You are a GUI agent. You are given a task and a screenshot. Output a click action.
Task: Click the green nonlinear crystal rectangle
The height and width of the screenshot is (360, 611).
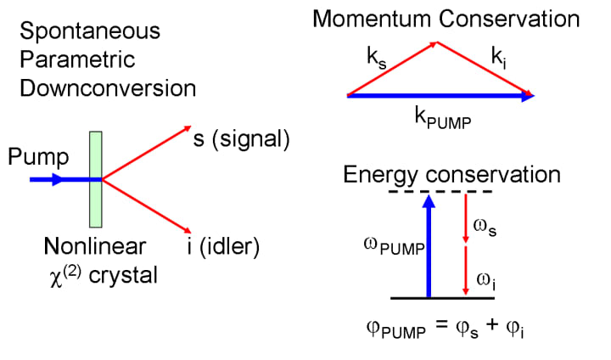pyautogui.click(x=95, y=179)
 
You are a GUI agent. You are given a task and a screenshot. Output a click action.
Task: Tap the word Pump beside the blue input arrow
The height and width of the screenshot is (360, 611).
pyautogui.click(x=38, y=157)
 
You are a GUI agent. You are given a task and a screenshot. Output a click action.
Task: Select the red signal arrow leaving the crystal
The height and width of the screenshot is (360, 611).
pyautogui.click(x=147, y=153)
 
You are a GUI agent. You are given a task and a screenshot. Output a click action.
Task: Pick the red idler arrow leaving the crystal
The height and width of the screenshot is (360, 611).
pyautogui.click(x=147, y=206)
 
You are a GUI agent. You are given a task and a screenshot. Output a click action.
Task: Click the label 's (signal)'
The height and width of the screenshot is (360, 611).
pyautogui.click(x=242, y=139)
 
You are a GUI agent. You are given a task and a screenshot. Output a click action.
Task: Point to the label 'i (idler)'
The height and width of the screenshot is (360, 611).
pyautogui.click(x=223, y=247)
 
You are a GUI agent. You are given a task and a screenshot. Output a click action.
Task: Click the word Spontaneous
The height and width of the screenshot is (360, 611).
pyautogui.click(x=90, y=31)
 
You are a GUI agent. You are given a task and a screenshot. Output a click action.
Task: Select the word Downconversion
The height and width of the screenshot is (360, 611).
pyautogui.click(x=108, y=88)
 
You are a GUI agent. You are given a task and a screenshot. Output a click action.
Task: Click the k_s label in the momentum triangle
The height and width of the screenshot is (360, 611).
pyautogui.click(x=377, y=58)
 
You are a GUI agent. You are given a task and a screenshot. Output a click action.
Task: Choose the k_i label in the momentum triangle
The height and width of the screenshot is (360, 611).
pyautogui.click(x=499, y=58)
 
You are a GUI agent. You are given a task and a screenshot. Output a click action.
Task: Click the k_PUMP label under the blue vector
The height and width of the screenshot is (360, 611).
pyautogui.click(x=443, y=118)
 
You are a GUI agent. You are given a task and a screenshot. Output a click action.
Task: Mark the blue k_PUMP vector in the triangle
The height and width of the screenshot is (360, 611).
pyautogui.click(x=440, y=96)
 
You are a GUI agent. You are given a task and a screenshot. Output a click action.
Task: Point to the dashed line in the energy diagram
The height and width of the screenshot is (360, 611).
pyautogui.click(x=440, y=192)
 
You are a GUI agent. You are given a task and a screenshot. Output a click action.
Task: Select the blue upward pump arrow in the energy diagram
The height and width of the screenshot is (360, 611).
pyautogui.click(x=429, y=245)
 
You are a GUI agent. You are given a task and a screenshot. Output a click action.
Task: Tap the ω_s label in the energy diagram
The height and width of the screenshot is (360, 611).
pyautogui.click(x=485, y=228)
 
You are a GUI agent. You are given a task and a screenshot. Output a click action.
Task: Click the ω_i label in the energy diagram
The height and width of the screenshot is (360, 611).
pyautogui.click(x=486, y=282)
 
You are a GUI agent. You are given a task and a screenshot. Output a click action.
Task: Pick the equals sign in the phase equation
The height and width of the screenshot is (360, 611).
pyautogui.click(x=440, y=324)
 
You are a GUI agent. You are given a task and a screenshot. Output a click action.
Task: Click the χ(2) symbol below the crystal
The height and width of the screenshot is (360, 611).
pyautogui.click(x=65, y=276)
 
